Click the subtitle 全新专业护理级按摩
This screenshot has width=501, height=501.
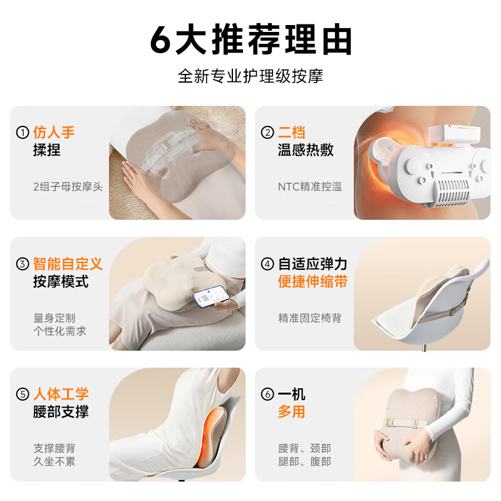[250, 76]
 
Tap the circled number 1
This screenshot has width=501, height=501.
[23, 133]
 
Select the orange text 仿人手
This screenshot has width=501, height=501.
[54, 132]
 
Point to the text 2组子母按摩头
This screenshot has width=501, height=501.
[68, 187]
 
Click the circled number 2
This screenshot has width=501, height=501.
[268, 133]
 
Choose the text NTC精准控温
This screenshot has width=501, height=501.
[309, 187]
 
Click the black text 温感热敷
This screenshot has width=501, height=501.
[306, 150]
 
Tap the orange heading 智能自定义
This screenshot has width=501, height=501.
[68, 264]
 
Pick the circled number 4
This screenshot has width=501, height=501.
[268, 264]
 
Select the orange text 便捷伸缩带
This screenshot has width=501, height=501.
[312, 282]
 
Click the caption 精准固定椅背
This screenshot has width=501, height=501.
[310, 318]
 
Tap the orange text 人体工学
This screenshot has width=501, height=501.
[61, 394]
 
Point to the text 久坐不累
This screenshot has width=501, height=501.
[54, 462]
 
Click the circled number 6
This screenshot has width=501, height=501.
[268, 394]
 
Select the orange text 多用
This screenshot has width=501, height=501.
[291, 411]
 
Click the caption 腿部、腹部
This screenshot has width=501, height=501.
[304, 462]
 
